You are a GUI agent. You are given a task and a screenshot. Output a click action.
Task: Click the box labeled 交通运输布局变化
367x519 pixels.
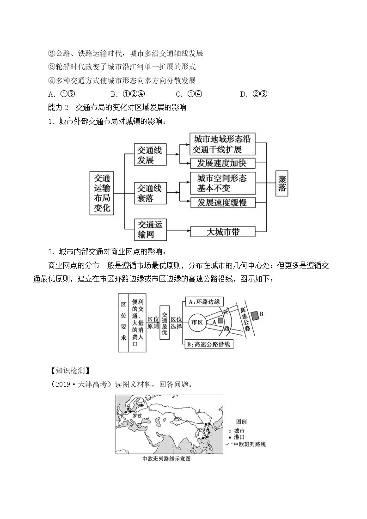(102, 193)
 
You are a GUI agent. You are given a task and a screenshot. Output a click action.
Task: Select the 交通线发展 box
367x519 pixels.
(150, 154)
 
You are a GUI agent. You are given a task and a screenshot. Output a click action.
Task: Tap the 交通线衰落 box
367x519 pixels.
(150, 193)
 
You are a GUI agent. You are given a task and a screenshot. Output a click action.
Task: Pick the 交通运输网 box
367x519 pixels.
(150, 229)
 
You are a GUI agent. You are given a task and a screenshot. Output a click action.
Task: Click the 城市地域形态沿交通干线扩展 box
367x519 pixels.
(223, 144)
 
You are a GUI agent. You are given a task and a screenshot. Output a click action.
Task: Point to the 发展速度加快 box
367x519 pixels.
(223, 163)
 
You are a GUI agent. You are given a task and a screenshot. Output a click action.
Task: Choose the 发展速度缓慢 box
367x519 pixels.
(223, 202)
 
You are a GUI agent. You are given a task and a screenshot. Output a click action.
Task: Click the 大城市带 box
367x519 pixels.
(223, 232)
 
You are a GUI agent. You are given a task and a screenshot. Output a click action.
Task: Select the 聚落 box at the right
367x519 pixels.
(282, 183)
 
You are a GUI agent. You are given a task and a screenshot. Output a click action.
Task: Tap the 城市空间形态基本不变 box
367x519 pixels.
(223, 183)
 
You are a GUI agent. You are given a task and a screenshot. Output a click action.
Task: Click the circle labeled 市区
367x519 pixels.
(197, 322)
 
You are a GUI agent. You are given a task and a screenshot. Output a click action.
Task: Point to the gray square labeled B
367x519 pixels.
(255, 316)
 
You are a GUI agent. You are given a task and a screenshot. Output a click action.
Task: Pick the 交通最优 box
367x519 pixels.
(165, 322)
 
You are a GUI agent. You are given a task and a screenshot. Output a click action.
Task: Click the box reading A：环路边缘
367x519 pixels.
(204, 301)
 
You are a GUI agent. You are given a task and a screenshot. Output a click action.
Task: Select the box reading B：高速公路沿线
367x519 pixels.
(208, 344)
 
